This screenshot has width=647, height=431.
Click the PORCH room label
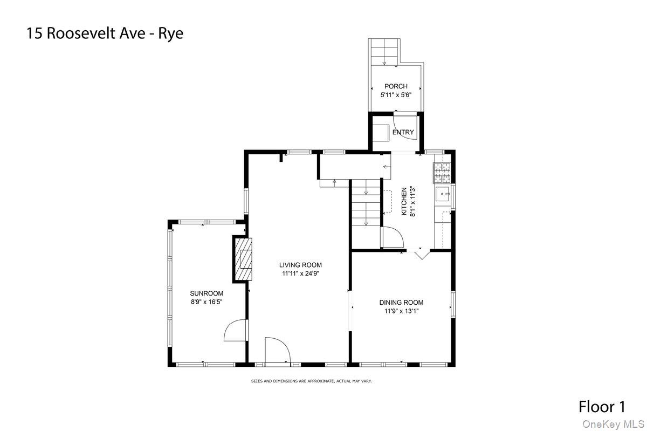click(x=396, y=86)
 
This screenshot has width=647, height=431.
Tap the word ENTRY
click(x=403, y=132)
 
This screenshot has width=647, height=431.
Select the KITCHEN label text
click(x=404, y=201)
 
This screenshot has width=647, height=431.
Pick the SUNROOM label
click(x=207, y=293)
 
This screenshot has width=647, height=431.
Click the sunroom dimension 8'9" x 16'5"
click(x=207, y=302)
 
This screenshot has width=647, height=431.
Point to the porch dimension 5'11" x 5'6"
click(x=396, y=95)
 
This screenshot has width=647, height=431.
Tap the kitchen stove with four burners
click(x=442, y=173)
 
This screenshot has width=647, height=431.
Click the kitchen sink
click(x=443, y=193)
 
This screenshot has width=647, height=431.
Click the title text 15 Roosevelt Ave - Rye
click(x=105, y=33)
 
